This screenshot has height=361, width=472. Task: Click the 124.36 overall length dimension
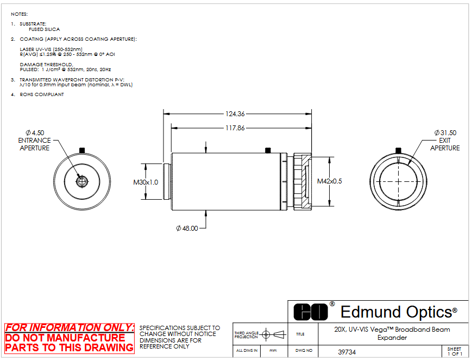coord(235,114)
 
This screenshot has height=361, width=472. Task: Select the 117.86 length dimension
coord(235,128)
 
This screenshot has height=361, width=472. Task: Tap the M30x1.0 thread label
coord(146,182)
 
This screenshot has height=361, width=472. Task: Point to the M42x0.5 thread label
coord(330,181)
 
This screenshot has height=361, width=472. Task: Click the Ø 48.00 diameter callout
coord(187,229)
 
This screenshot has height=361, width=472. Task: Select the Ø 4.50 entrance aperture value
coord(35,132)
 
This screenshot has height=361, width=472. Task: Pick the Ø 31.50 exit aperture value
coord(445,132)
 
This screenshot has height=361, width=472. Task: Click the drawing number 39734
coord(347,352)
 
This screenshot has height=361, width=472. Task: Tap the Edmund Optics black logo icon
coord(310,312)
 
